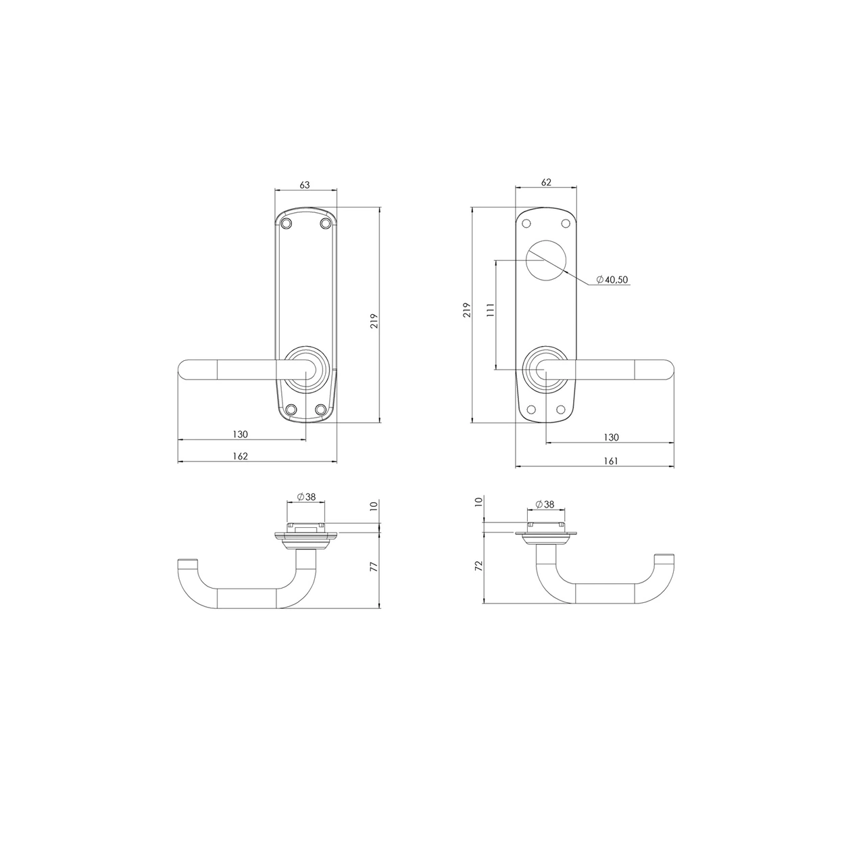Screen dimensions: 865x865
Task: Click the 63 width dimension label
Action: click(x=305, y=185)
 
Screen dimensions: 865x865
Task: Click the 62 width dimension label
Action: click(x=546, y=182)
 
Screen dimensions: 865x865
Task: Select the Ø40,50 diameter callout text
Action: click(x=612, y=280)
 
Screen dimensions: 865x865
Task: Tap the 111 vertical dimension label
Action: click(x=491, y=310)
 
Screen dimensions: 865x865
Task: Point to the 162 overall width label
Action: click(x=240, y=456)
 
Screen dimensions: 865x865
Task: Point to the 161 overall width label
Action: click(x=611, y=461)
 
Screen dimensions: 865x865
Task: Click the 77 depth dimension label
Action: click(x=374, y=566)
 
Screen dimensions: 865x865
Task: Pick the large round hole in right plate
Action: click(x=546, y=260)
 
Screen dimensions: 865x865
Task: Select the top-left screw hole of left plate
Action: click(x=287, y=223)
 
